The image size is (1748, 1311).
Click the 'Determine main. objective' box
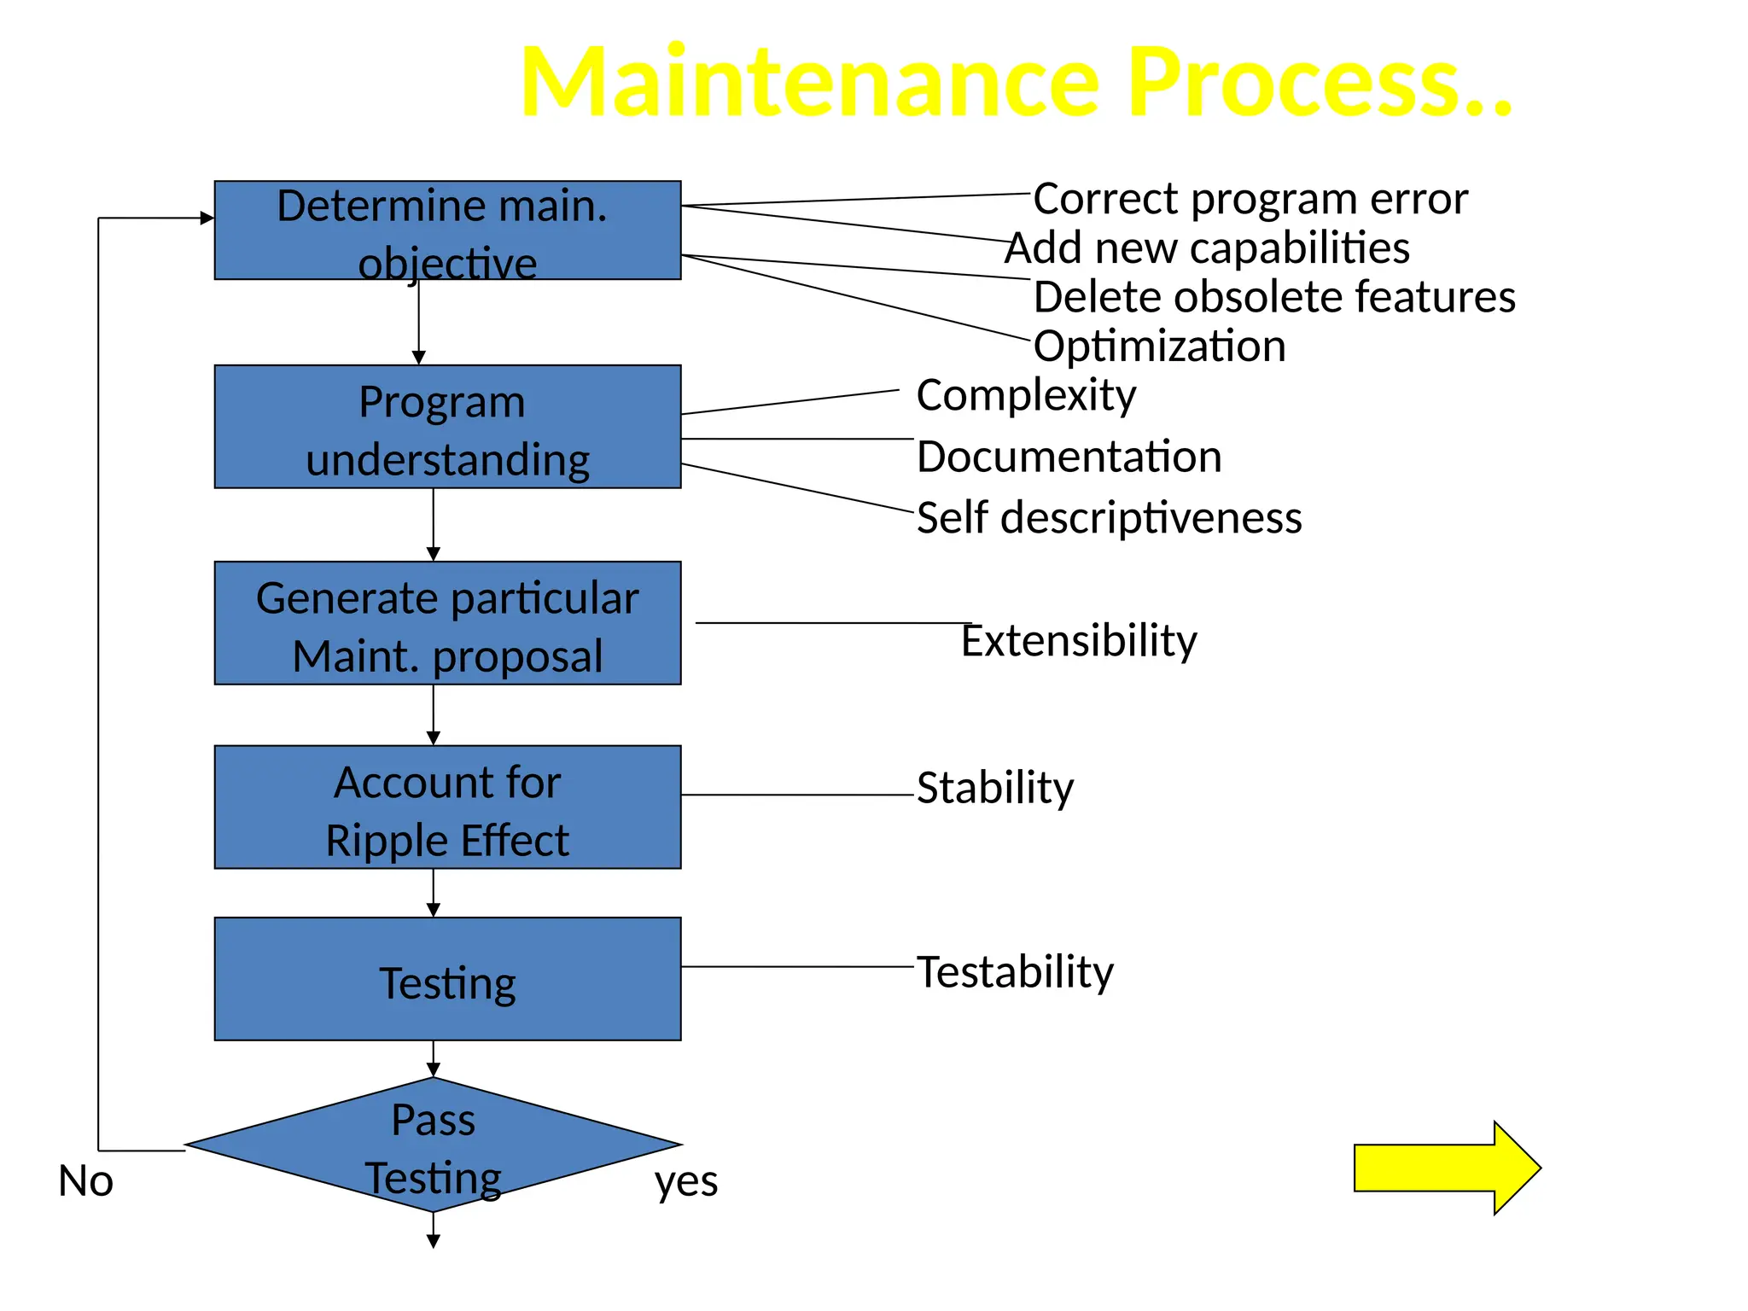click(x=447, y=230)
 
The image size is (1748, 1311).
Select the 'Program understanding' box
click(x=447, y=427)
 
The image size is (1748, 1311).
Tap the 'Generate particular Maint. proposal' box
click(x=447, y=623)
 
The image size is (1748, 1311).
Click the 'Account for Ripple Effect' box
click(x=447, y=807)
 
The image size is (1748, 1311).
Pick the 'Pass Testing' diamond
click(x=434, y=1145)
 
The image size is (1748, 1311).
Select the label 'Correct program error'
click(x=1250, y=199)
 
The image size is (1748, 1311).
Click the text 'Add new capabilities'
click(x=1207, y=248)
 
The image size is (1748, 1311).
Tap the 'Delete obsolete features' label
click(x=1273, y=297)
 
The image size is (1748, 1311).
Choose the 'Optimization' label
click(x=1159, y=347)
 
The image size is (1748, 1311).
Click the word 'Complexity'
click(x=1026, y=395)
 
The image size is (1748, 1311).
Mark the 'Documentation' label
click(x=1069, y=457)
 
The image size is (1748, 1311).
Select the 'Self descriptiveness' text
click(x=1109, y=518)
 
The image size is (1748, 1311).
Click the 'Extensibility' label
click(x=1079, y=640)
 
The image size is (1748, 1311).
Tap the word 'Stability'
click(x=995, y=788)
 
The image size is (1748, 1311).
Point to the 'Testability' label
click(x=1015, y=972)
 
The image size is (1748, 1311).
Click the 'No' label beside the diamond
click(x=85, y=1181)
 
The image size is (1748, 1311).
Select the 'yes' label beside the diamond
click(x=686, y=1181)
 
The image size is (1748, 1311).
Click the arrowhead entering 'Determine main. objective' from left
click(x=207, y=218)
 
